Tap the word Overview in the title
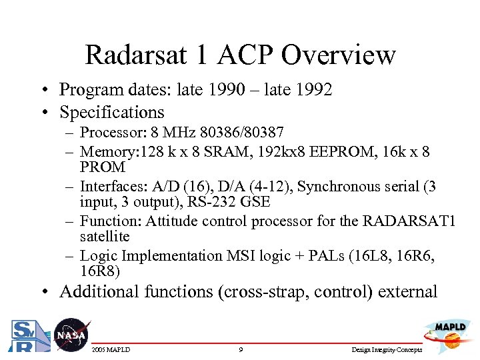pyautogui.click(x=338, y=55)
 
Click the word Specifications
pyautogui.click(x=111, y=112)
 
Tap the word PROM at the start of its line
pyautogui.click(x=102, y=167)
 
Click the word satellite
pyautogui.click(x=105, y=236)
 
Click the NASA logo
pyautogui.click(x=70, y=335)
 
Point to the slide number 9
pyautogui.click(x=240, y=349)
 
